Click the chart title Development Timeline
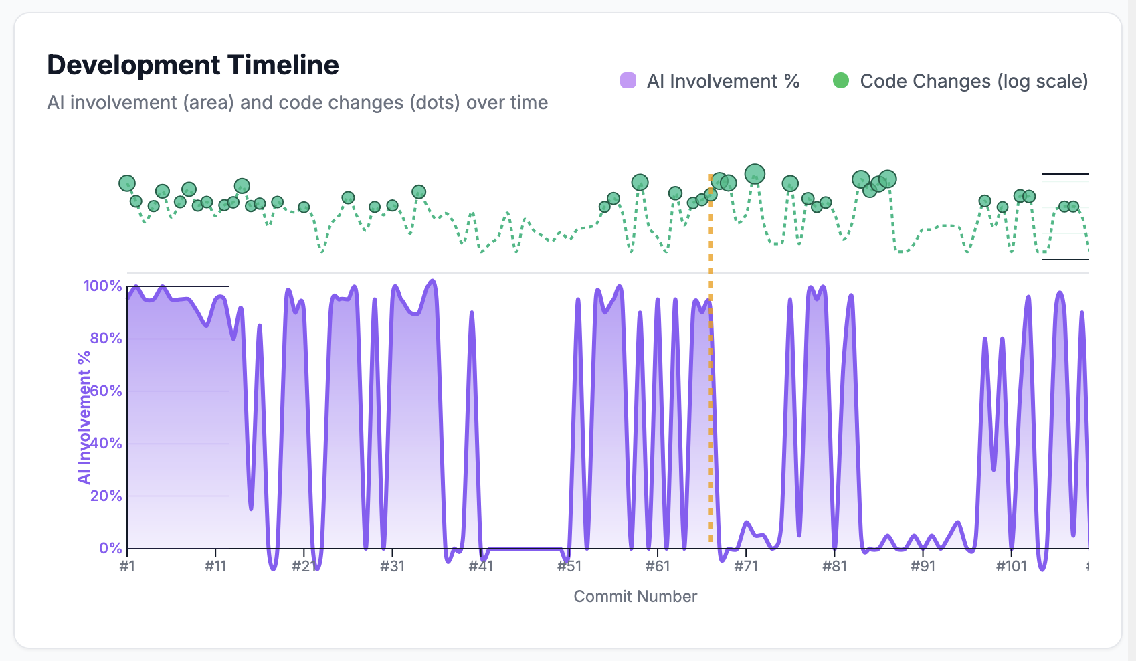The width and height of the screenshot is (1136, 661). (x=193, y=66)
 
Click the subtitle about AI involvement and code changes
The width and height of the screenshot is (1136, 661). (x=298, y=102)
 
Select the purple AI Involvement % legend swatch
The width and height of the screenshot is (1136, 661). (x=628, y=81)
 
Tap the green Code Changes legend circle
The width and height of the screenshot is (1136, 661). (x=841, y=81)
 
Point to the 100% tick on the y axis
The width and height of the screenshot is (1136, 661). (x=102, y=286)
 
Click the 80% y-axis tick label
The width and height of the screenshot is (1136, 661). (x=106, y=338)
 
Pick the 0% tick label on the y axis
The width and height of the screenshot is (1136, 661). (x=110, y=548)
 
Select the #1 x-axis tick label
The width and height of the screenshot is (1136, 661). (x=127, y=567)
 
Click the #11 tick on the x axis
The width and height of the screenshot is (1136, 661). (x=215, y=567)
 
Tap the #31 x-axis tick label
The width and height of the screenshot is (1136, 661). (x=393, y=567)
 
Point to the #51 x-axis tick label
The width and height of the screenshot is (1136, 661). (x=569, y=567)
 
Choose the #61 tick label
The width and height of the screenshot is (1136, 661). (x=658, y=567)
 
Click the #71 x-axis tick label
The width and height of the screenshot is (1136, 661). (x=746, y=567)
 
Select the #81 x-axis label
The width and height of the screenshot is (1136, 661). (x=834, y=567)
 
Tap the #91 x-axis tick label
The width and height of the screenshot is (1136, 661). (x=923, y=567)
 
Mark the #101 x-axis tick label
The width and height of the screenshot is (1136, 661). (x=1011, y=567)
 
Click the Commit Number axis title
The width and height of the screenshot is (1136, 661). (x=635, y=596)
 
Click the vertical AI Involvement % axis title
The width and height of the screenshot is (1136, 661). (x=84, y=417)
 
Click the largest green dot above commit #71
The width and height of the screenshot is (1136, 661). (x=755, y=174)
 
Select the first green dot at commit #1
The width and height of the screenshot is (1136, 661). (x=127, y=183)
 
